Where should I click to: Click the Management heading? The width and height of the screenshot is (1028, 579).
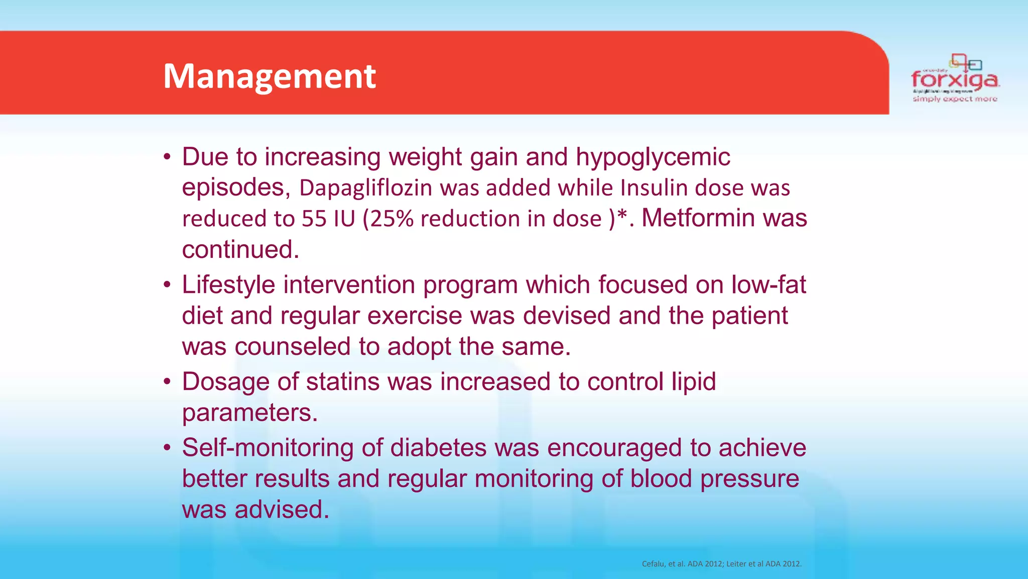(x=270, y=76)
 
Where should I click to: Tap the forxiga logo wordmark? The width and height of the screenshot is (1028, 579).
(x=955, y=79)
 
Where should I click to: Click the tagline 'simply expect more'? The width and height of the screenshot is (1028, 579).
(x=955, y=99)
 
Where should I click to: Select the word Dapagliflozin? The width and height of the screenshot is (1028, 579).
(x=365, y=188)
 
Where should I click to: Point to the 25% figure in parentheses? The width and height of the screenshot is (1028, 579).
(x=392, y=219)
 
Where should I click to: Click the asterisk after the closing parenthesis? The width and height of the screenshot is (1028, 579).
(x=621, y=217)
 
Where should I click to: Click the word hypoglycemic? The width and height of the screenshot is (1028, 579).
(x=653, y=157)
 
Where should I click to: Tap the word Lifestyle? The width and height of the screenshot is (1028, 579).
(x=228, y=285)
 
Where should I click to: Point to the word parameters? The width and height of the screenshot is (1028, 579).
(x=249, y=413)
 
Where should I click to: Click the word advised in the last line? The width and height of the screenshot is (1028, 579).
(x=282, y=510)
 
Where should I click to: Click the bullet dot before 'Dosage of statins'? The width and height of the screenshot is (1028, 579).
(x=168, y=381)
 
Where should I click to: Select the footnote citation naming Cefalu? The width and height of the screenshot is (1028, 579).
(x=721, y=564)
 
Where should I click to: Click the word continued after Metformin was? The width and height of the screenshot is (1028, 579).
(x=240, y=250)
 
